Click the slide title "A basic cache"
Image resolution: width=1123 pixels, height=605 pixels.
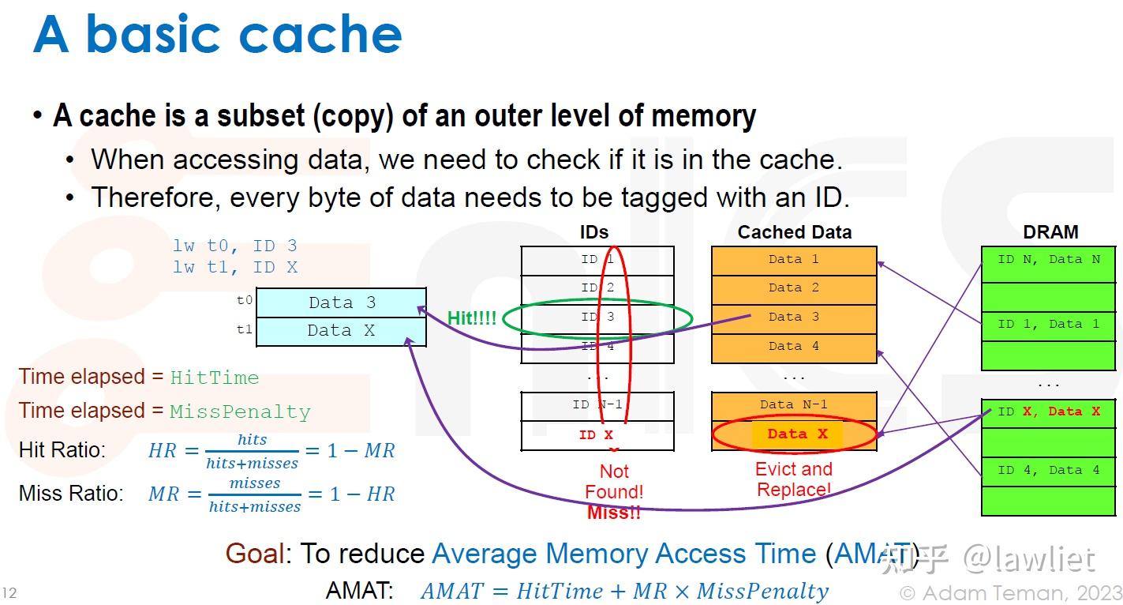[x=218, y=35]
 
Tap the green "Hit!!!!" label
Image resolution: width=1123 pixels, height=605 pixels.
[x=472, y=318]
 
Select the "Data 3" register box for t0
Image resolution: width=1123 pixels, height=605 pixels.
[x=341, y=303]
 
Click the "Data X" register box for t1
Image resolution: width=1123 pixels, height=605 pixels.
[x=341, y=332]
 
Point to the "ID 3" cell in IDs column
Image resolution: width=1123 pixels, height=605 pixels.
[x=597, y=318]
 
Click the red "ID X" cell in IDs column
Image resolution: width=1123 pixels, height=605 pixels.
[x=597, y=435]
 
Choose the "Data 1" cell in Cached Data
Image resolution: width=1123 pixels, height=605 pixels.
[x=794, y=260]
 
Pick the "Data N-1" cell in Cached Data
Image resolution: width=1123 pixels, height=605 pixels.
[x=794, y=405]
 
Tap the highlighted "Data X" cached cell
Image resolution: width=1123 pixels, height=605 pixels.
[x=797, y=434]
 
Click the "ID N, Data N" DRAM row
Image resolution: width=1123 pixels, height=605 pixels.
[x=1049, y=260]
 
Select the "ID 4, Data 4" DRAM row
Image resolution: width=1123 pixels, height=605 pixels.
[x=1049, y=471]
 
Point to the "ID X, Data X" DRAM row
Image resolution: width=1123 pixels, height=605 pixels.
[x=1049, y=412]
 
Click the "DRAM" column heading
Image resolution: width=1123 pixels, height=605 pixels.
[x=1050, y=232]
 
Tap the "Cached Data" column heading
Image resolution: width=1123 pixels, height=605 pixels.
[x=794, y=232]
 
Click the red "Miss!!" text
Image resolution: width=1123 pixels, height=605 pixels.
[x=614, y=513]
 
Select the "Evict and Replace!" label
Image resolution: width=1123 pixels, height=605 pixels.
[x=794, y=479]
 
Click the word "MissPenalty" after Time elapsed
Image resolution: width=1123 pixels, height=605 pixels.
[x=240, y=412]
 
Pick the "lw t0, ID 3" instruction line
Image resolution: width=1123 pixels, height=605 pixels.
[x=235, y=246]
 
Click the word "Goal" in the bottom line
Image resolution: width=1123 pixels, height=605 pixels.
[x=254, y=554]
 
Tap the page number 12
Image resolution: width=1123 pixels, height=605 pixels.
[x=9, y=593]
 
